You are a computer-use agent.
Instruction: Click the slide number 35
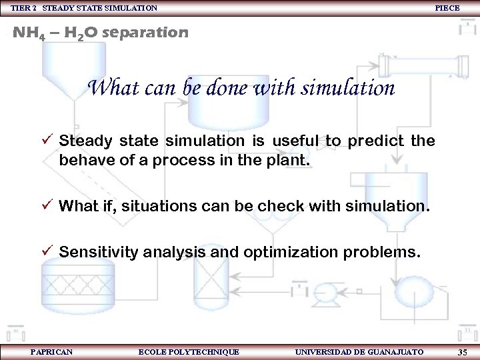(x=463, y=352)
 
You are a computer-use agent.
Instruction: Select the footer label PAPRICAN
(x=51, y=352)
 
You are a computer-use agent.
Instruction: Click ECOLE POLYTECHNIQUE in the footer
(x=188, y=352)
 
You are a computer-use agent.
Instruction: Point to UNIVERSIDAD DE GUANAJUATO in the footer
(x=359, y=352)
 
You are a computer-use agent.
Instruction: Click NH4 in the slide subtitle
(x=28, y=33)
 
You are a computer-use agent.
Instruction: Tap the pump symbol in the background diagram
(x=327, y=291)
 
